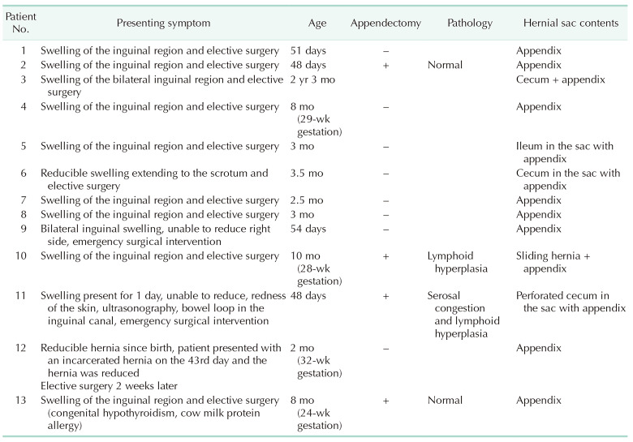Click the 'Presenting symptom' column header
[x=162, y=24]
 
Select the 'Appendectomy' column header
[x=385, y=24]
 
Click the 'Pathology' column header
[x=470, y=24]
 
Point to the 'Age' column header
[x=318, y=24]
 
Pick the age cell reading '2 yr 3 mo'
[x=312, y=79]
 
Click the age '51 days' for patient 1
[x=308, y=51]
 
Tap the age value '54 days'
[x=308, y=228]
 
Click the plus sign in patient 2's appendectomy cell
[x=385, y=65]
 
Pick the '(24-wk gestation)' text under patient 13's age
[x=320, y=419]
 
